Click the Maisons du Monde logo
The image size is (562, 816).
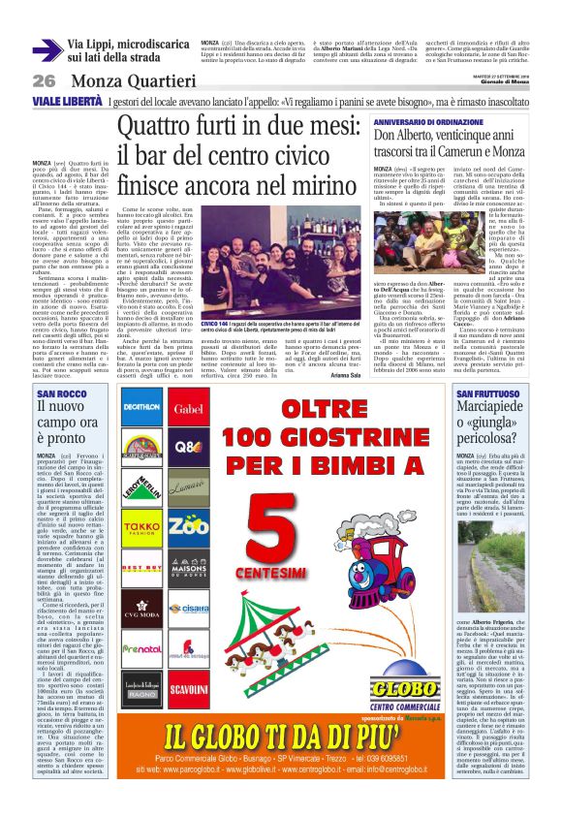190,569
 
